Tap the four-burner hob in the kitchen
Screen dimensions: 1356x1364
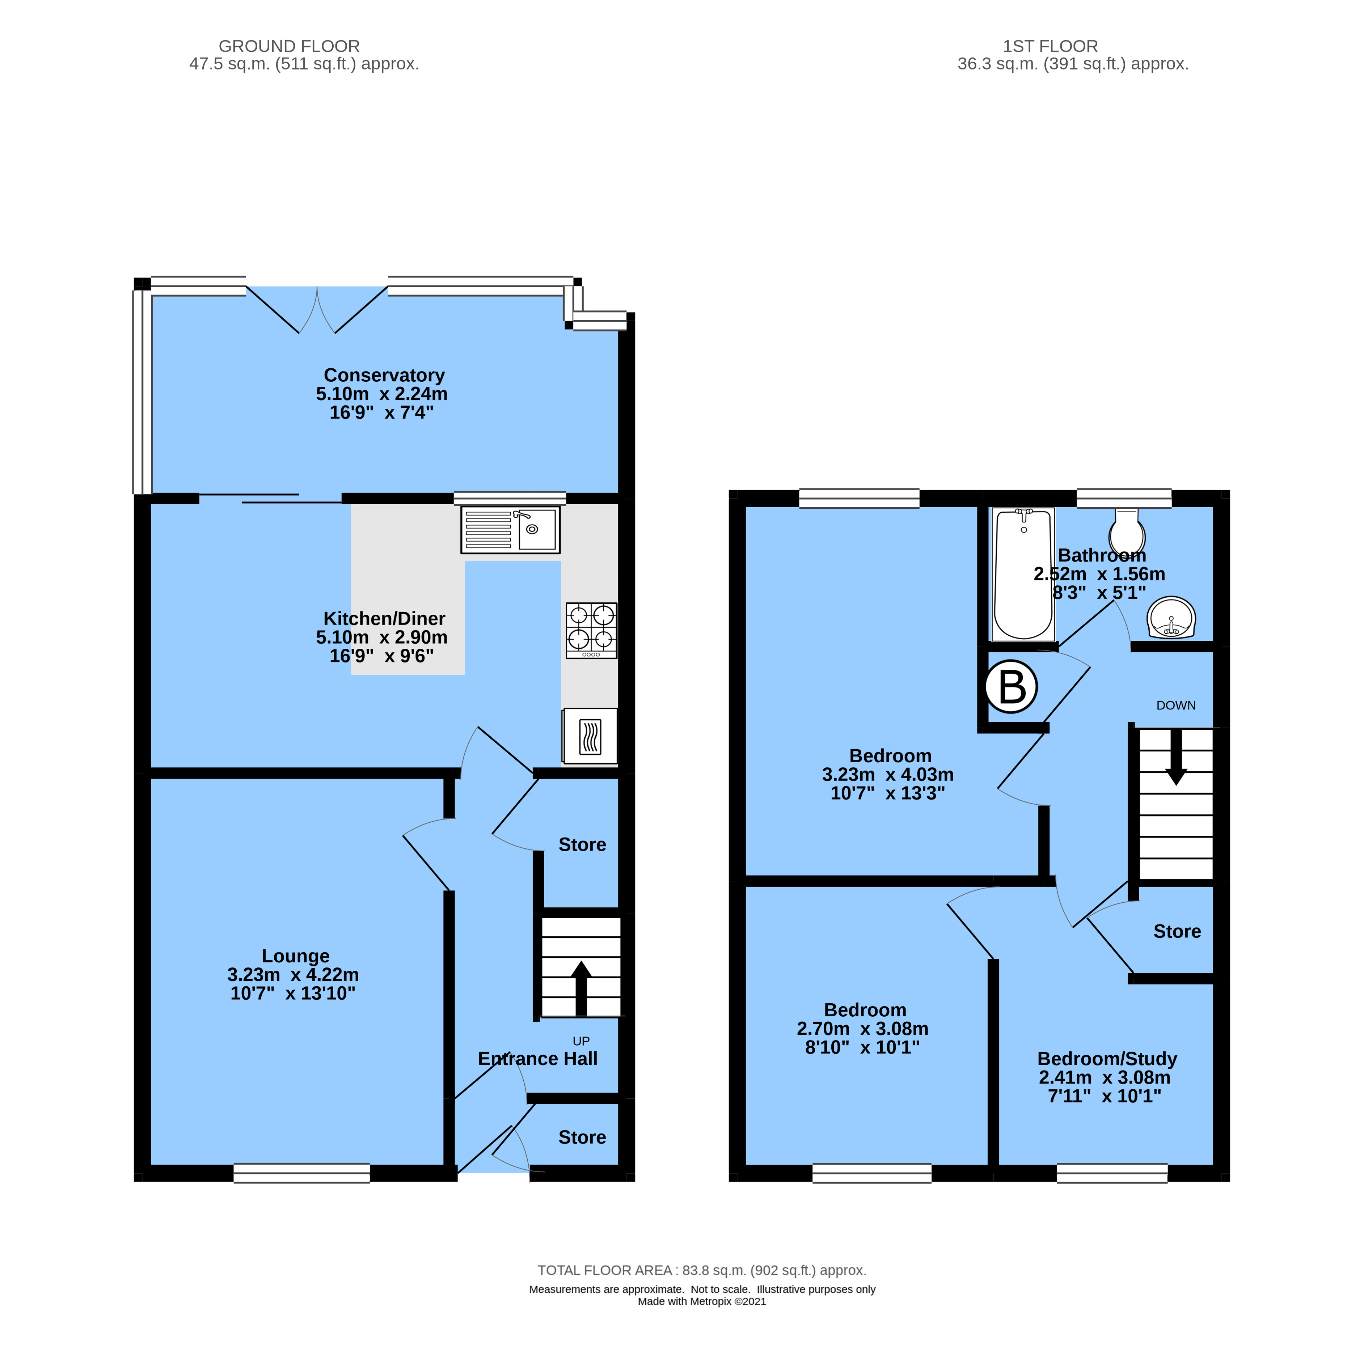pos(591,630)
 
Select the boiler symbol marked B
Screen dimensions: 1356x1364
pos(1011,686)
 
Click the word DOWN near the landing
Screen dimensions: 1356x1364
pos(1175,705)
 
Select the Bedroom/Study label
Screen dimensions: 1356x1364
pos(1106,1059)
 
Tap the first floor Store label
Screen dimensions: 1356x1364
pos(1176,931)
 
